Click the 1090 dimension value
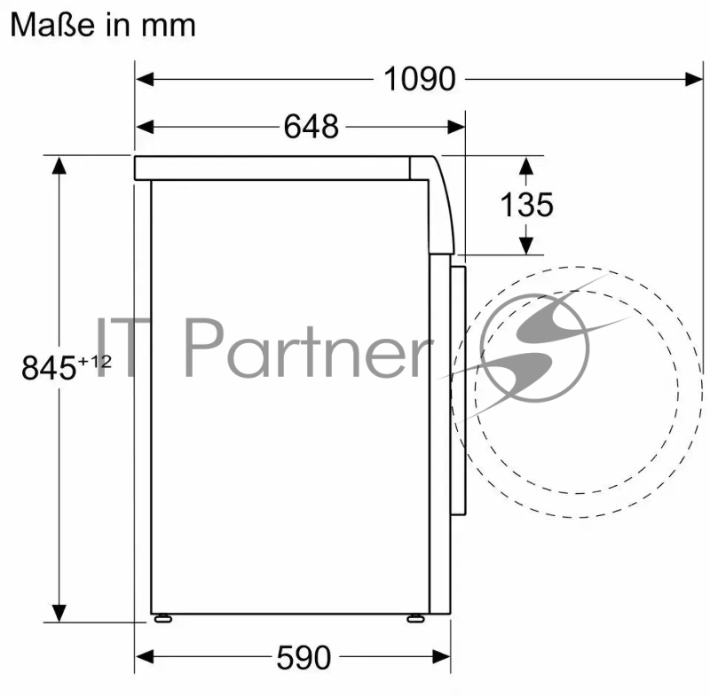tap(419, 80)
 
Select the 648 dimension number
tap(312, 127)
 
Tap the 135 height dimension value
tap(526, 205)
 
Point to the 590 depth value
tap(304, 657)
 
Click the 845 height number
tap(48, 367)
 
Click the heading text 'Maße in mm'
tap(102, 25)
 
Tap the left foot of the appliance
tap(162, 618)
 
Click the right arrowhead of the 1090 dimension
tap(694, 80)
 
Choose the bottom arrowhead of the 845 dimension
tap(59, 612)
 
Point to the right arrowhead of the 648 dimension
tap(456, 127)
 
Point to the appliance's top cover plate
tap(275, 168)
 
